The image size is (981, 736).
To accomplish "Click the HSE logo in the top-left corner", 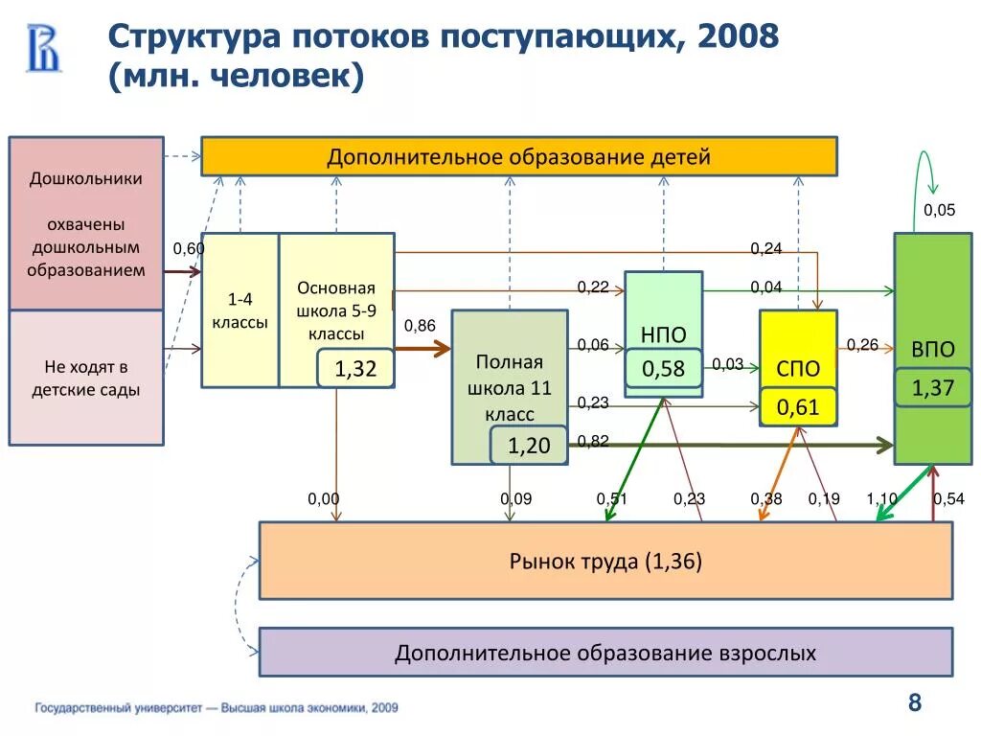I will (x=43, y=48).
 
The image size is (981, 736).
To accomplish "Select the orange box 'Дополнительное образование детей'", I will (x=518, y=156).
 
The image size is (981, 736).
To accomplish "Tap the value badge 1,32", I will (x=354, y=369).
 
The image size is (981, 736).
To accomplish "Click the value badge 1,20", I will (x=528, y=446).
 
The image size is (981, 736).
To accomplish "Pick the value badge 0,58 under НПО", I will (x=663, y=368).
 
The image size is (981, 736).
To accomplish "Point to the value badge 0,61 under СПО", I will (x=797, y=407).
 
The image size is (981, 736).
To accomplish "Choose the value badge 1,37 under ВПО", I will (x=932, y=387).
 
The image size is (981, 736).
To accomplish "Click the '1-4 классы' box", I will (x=240, y=310).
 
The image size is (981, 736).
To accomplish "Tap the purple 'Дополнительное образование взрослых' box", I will (x=605, y=653).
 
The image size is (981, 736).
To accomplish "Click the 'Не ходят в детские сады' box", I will (x=86, y=378).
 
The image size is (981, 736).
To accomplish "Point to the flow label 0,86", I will (x=420, y=326).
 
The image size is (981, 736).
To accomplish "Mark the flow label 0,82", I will (x=593, y=441).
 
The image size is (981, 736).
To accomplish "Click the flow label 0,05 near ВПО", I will (x=939, y=210).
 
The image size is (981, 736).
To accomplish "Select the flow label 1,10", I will (x=881, y=498).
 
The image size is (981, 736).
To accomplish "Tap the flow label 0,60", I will (x=188, y=249).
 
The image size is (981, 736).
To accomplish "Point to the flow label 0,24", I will (x=765, y=248).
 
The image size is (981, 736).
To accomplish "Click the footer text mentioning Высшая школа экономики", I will (x=217, y=708).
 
